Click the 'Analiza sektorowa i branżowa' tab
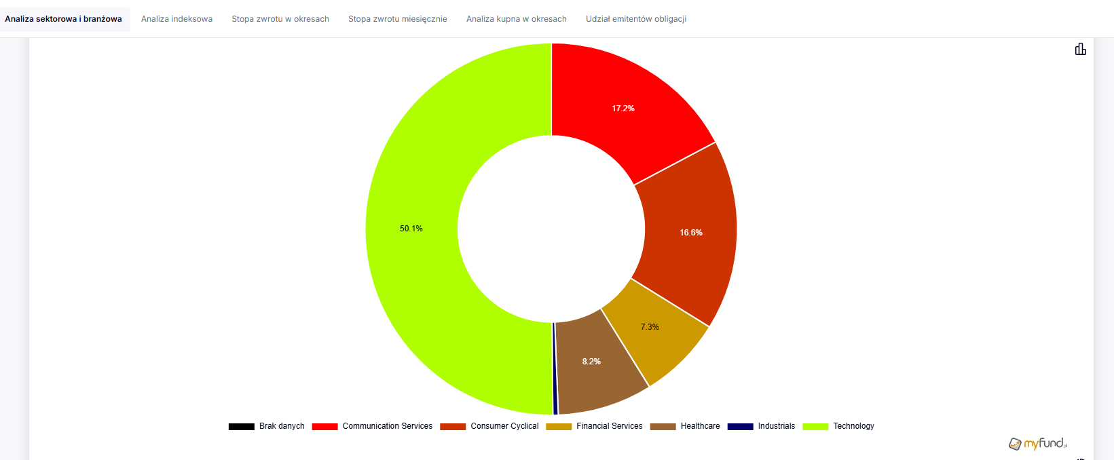pos(63,19)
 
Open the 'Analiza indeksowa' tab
pos(177,19)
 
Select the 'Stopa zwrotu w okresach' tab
pos(280,19)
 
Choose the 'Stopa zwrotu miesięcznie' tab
pos(397,19)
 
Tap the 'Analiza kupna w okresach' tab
pos(516,19)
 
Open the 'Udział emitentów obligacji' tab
pos(635,19)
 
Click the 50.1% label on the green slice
pos(411,229)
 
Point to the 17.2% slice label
pos(623,109)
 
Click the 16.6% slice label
pos(691,233)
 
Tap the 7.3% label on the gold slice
pos(650,327)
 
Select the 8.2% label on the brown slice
pos(591,362)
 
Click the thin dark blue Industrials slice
pos(555,380)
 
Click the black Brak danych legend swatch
pos(241,427)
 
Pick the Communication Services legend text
pos(387,426)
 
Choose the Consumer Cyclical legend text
pos(504,426)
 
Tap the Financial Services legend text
pos(609,426)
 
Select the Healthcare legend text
pos(700,426)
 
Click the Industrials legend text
pos(776,426)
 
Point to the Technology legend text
pos(853,426)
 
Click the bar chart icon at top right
pos(1080,49)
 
